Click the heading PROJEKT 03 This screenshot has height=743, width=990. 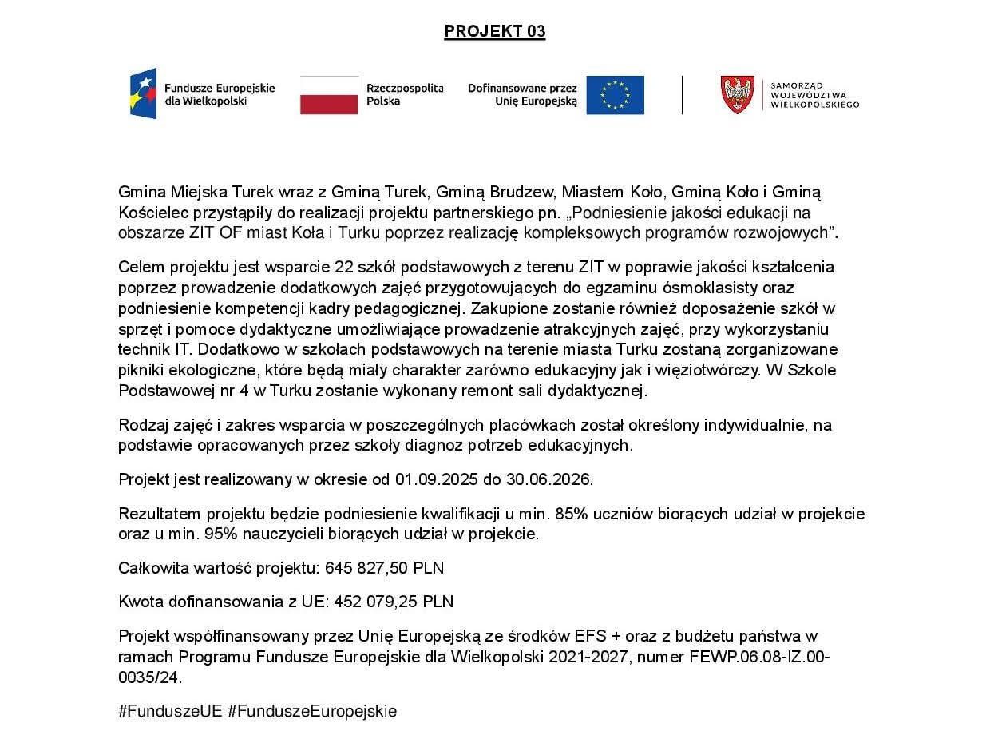click(x=494, y=31)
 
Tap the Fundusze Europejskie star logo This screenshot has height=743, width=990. click(x=144, y=93)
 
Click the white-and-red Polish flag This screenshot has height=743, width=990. click(x=329, y=95)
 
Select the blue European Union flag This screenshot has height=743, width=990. click(x=615, y=95)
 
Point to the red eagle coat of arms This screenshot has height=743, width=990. click(x=737, y=95)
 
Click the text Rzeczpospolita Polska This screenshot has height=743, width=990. click(x=404, y=94)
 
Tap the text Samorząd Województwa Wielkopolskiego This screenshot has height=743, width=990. click(x=814, y=95)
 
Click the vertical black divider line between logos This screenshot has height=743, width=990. click(x=683, y=95)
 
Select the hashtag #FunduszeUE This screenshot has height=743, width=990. click(x=170, y=711)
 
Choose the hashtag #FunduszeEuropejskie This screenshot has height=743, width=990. click(x=311, y=711)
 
